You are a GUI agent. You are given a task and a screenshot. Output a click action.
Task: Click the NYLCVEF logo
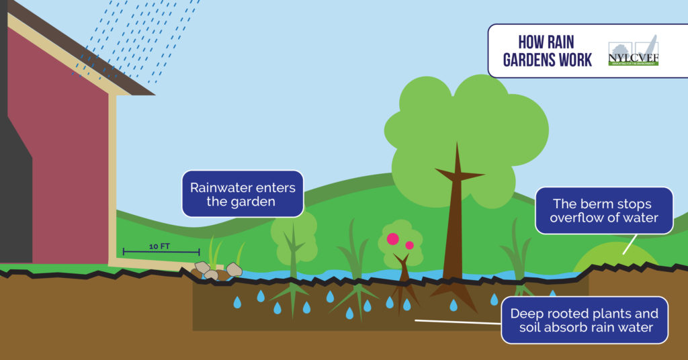[x=633, y=51]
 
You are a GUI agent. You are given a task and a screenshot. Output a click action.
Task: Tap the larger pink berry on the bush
[x=392, y=238]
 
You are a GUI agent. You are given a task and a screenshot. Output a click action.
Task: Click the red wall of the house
[x=67, y=154]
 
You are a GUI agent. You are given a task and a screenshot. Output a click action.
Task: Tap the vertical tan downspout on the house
[x=112, y=181]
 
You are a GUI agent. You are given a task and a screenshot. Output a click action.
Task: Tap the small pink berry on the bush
[x=409, y=245]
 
